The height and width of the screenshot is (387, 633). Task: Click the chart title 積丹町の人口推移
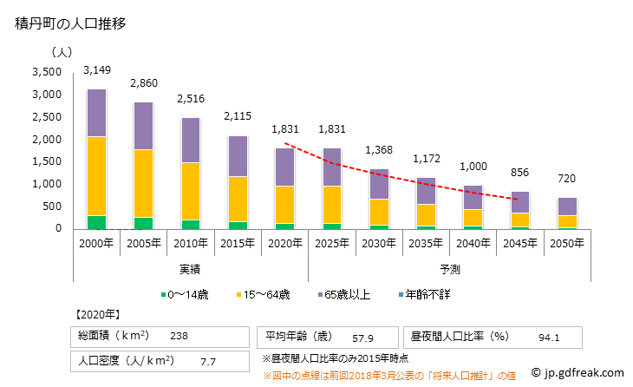(71, 23)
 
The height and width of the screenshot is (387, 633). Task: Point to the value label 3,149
(98, 69)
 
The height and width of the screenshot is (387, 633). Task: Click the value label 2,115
(238, 115)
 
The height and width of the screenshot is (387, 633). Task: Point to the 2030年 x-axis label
(378, 242)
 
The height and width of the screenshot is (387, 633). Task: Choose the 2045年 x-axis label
(519, 242)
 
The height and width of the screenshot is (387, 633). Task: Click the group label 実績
(191, 269)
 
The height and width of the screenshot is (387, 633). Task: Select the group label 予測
(448, 269)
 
